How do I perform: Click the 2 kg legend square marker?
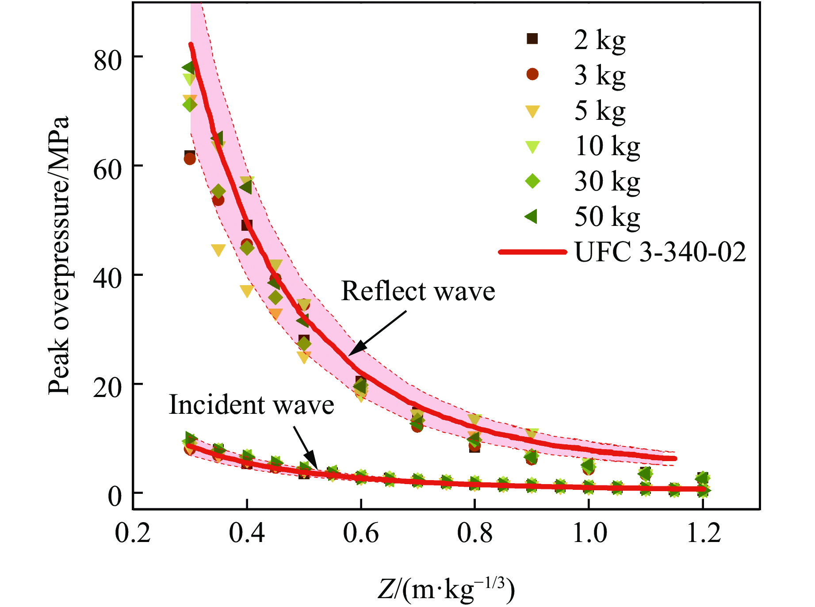tap(532, 39)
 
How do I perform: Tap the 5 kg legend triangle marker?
tap(532, 111)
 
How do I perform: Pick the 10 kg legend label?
tap(607, 146)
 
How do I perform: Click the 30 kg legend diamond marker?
tap(532, 181)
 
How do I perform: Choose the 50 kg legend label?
tap(607, 217)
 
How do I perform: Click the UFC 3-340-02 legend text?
tap(660, 252)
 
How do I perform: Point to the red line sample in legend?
tap(532, 252)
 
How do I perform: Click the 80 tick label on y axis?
tap(107, 61)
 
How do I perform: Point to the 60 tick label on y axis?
tap(107, 170)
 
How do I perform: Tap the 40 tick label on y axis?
tap(107, 279)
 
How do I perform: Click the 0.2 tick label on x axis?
tap(133, 533)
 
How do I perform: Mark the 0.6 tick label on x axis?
tap(361, 533)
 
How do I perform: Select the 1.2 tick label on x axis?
tap(703, 533)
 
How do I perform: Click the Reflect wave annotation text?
tap(418, 291)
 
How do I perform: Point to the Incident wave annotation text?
tap(251, 405)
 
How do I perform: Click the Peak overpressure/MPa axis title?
tap(59, 255)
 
